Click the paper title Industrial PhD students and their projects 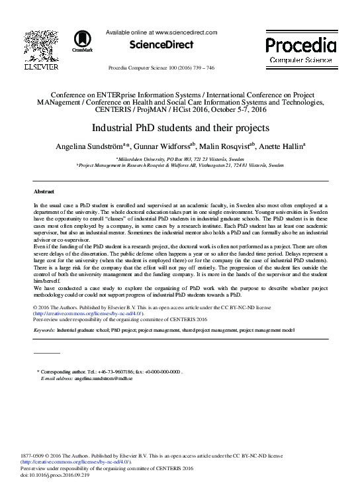pyautogui.click(x=179, y=127)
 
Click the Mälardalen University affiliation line pyautogui.click(x=179, y=159)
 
